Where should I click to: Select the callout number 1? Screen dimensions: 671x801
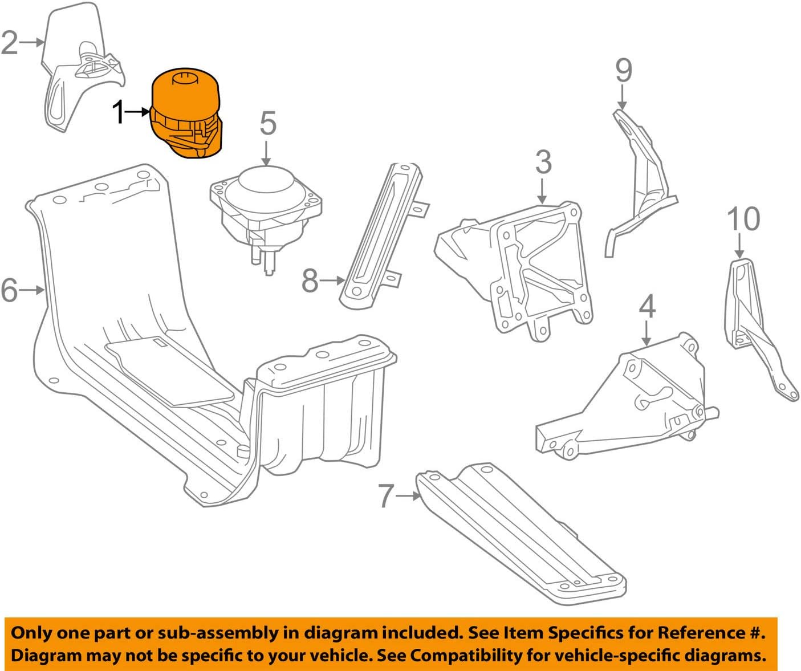coord(119,112)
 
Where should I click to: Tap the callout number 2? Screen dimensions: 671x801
coord(10,42)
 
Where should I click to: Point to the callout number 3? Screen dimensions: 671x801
coord(543,162)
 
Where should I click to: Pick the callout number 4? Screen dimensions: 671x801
coord(647,307)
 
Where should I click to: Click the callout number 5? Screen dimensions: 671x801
coord(267,124)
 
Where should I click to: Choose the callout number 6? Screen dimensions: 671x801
coord(9,290)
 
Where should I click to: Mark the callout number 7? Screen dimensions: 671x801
coord(386,496)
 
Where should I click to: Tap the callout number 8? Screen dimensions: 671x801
coord(310,280)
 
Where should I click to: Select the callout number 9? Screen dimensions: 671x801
coord(623,71)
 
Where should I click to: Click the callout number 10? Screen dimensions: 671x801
coord(743,219)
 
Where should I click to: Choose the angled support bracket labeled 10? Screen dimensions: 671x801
coord(753,325)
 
